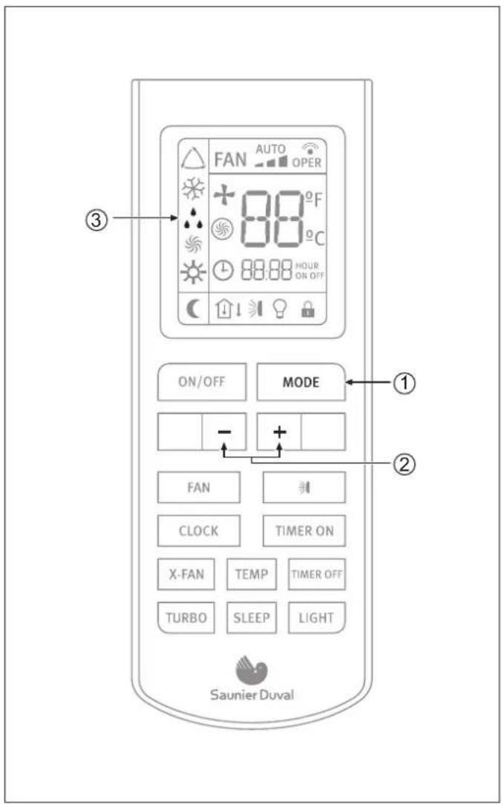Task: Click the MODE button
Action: click(301, 382)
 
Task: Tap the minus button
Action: click(224, 431)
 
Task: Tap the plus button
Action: click(279, 431)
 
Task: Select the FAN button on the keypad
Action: click(198, 487)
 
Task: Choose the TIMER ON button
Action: click(304, 531)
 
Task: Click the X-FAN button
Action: click(186, 574)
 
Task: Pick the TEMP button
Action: click(252, 574)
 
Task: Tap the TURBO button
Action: click(186, 617)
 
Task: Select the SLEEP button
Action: click(252, 617)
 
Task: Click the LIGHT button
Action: click(316, 617)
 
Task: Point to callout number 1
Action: click(403, 382)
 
